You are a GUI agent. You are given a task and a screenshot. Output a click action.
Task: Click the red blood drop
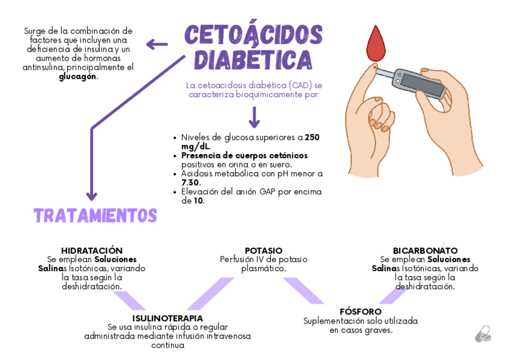[376, 45]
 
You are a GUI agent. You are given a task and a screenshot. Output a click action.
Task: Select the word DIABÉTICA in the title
[253, 60]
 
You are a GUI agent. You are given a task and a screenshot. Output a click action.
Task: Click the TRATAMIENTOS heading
[95, 215]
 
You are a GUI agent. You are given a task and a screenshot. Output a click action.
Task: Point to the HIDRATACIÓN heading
[92, 250]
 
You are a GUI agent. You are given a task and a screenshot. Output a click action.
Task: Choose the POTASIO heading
[264, 250]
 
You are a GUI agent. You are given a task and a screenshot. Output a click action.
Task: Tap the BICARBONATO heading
[425, 250]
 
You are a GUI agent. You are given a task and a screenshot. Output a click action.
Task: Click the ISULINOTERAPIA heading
[167, 317]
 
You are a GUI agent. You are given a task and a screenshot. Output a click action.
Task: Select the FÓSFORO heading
[360, 311]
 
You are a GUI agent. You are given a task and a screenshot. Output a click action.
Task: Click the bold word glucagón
[77, 77]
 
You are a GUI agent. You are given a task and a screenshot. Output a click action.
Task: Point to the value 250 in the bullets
[312, 137]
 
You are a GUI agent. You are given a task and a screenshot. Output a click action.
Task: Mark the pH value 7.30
[191, 182]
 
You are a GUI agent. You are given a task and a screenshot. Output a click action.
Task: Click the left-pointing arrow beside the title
[157, 43]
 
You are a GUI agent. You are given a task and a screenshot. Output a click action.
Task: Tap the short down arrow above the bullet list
[254, 117]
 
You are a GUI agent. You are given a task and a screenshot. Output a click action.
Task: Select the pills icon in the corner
[483, 334]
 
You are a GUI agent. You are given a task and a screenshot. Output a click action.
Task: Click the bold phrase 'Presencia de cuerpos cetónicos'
[244, 155]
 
